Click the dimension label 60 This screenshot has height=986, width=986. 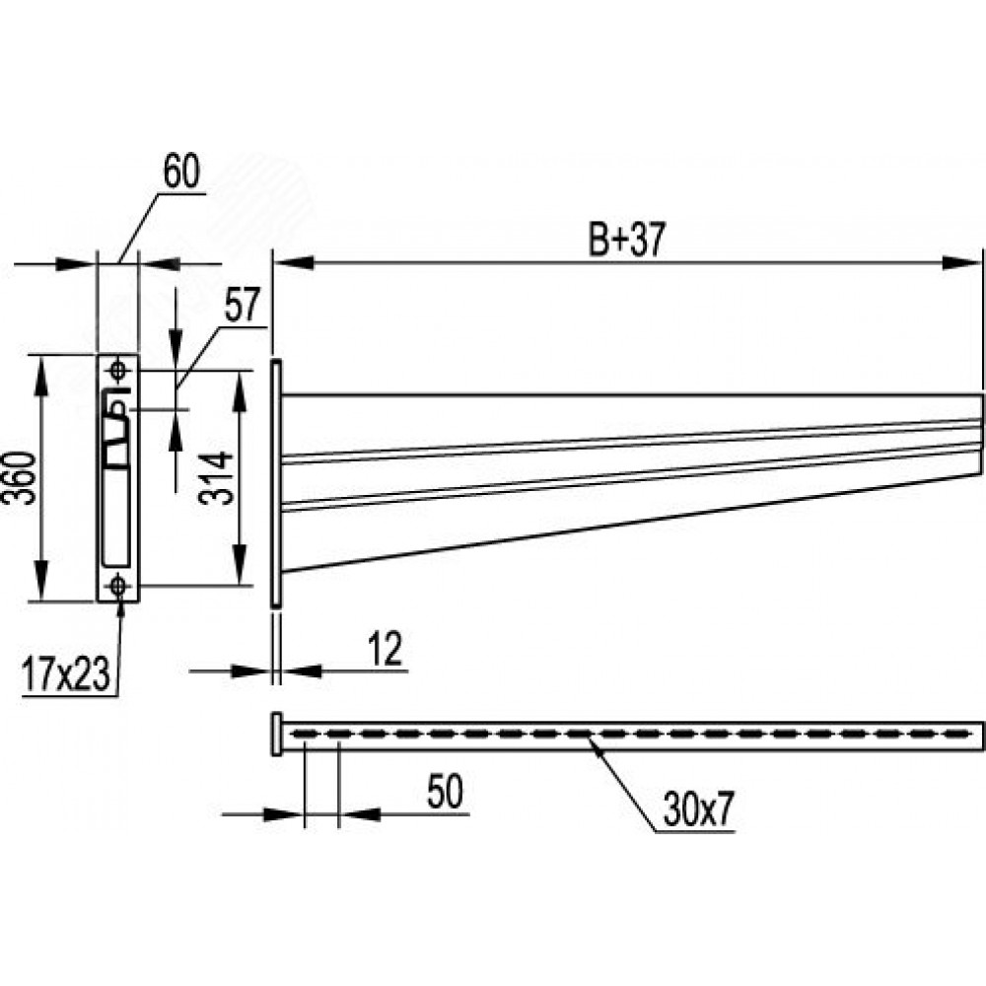click(x=180, y=173)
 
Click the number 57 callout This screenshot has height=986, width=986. click(x=241, y=307)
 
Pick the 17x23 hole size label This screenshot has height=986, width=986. click(x=65, y=677)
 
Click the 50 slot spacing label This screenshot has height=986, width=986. click(x=445, y=793)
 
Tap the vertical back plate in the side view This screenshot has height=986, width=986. click(x=277, y=483)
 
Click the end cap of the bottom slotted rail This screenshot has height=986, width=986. click(x=276, y=734)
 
